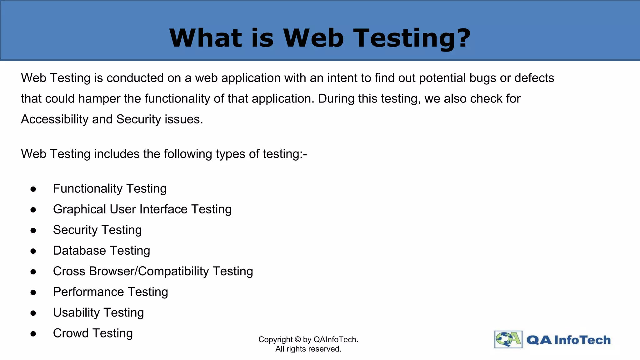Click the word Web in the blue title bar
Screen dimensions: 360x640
pos(313,38)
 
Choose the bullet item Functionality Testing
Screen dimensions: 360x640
pos(110,189)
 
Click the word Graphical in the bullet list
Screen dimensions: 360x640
pos(79,209)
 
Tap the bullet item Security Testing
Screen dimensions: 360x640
pos(97,230)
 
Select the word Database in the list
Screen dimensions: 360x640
pos(79,251)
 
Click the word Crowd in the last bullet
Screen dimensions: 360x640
pos(71,333)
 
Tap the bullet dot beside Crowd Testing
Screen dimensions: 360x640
pos(33,334)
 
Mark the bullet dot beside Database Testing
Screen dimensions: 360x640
pos(33,251)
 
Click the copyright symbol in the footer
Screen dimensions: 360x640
pos(297,340)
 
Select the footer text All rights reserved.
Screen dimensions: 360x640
pos(308,349)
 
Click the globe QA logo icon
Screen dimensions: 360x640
pos(508,339)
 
